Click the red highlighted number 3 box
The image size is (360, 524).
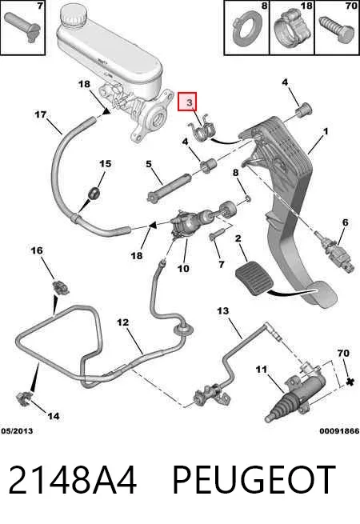pyautogui.click(x=187, y=102)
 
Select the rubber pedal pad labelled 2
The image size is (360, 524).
pyautogui.click(x=254, y=278)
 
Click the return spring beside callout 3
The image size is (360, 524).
pyautogui.click(x=202, y=130)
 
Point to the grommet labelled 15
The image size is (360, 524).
pyautogui.click(x=94, y=194)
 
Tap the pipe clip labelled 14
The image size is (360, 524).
pyautogui.click(x=25, y=398)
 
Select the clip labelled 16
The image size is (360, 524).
pyautogui.click(x=60, y=287)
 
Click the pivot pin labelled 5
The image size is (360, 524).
pyautogui.click(x=169, y=189)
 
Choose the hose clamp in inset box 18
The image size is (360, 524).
pyautogui.click(x=291, y=29)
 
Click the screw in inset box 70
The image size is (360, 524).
pyautogui.click(x=337, y=29)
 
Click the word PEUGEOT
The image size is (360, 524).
pyautogui.click(x=254, y=479)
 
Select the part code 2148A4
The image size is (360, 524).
pyautogui.click(x=72, y=479)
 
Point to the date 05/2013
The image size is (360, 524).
pyautogui.click(x=17, y=431)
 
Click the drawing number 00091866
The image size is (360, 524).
pyautogui.click(x=339, y=431)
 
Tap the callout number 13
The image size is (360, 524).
pyautogui.click(x=223, y=310)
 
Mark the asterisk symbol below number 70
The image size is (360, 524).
pyautogui.click(x=350, y=382)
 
